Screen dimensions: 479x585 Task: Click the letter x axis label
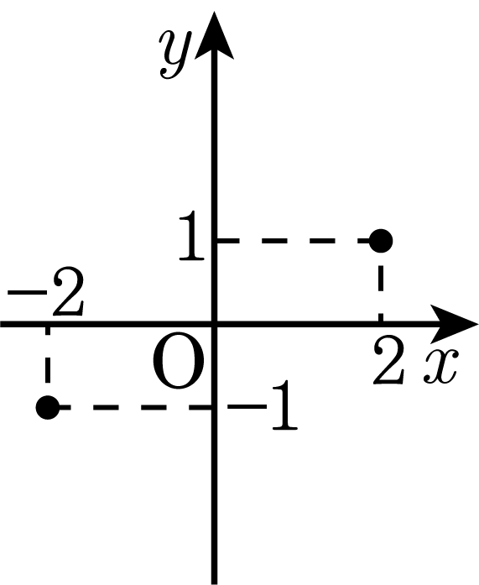(x=440, y=366)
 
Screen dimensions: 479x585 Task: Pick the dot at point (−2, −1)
(x=47, y=407)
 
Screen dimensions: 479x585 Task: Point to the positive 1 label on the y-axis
(x=191, y=235)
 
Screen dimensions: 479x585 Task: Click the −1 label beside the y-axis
(x=263, y=405)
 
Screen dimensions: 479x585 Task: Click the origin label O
(x=179, y=366)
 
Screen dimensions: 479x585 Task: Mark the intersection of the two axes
(x=215, y=324)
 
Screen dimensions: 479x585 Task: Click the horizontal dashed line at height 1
(x=294, y=241)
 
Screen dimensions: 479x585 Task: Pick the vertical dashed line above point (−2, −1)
(x=47, y=354)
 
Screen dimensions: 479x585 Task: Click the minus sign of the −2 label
(x=26, y=292)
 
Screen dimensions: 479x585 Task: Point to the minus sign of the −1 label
(x=247, y=405)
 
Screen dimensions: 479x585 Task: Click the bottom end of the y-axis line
(x=215, y=584)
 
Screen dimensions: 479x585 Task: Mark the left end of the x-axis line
(x=1, y=324)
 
